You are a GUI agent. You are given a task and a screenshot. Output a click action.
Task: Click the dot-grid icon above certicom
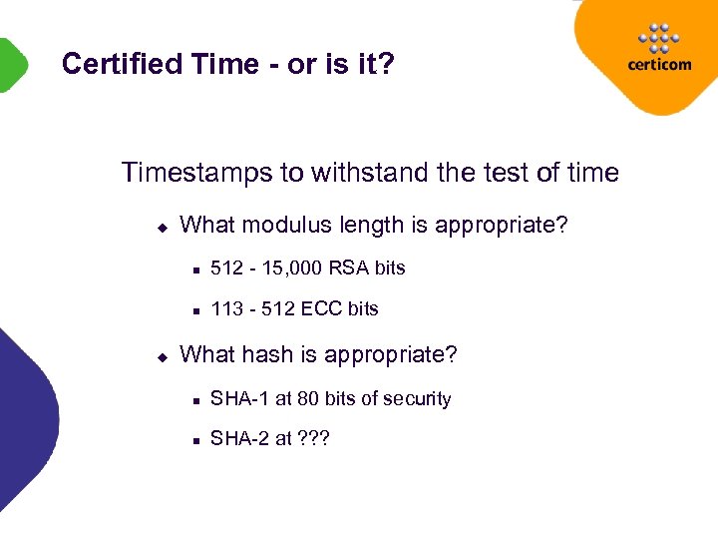(x=656, y=38)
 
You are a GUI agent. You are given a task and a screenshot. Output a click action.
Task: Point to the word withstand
(x=369, y=173)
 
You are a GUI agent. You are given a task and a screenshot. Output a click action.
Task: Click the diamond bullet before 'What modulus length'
(x=162, y=226)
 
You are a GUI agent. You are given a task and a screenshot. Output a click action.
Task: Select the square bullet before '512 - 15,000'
(x=196, y=269)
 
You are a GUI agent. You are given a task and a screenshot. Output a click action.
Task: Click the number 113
(x=227, y=308)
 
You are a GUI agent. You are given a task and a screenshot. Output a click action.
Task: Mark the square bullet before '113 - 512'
(x=196, y=310)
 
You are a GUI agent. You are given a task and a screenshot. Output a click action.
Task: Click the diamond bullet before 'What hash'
(x=162, y=355)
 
